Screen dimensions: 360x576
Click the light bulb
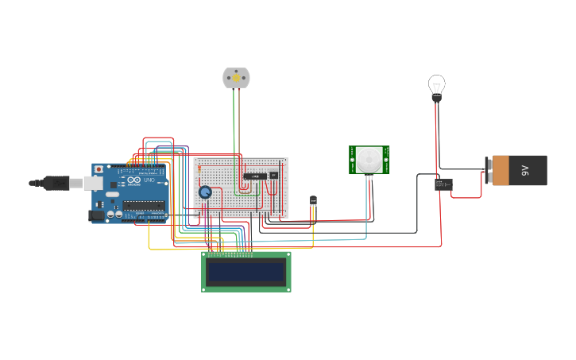coord(436,84)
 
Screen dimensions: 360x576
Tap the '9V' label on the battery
coord(525,170)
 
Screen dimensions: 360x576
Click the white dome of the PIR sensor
coord(368,160)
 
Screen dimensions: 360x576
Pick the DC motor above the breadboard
coord(236,78)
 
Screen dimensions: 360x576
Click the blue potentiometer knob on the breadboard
coord(205,192)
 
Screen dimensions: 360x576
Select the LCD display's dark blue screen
coord(245,273)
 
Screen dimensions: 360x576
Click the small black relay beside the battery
coord(443,184)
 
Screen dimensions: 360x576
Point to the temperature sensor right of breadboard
coord(313,201)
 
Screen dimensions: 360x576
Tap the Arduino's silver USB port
coord(79,183)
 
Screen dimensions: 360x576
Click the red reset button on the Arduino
coord(99,169)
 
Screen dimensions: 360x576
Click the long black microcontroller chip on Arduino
coord(144,205)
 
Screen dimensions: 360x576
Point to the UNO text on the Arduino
coord(149,181)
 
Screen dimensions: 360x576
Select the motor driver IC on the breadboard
coord(254,176)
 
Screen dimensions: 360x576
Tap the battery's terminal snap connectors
coord(488,170)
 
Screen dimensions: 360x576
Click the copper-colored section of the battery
coord(501,170)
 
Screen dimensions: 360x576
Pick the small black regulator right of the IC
coord(274,175)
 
